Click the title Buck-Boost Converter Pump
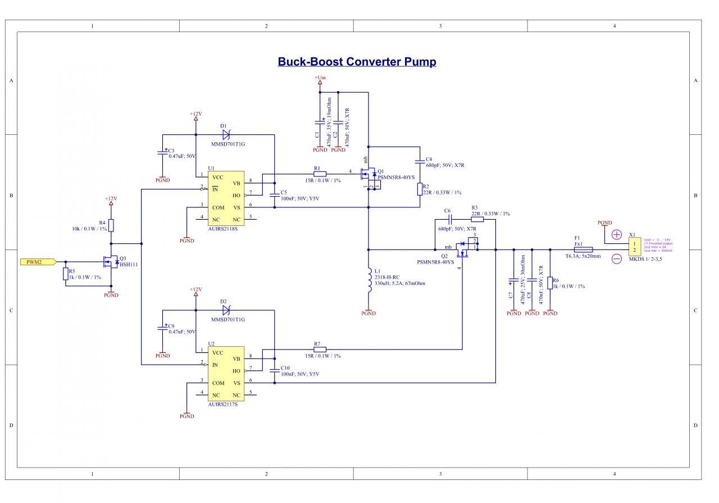pyautogui.click(x=357, y=62)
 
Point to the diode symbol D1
pyautogui.click(x=226, y=135)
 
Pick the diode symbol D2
pyautogui.click(x=226, y=310)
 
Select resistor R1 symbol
pyautogui.click(x=320, y=174)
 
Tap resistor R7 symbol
pyautogui.click(x=320, y=348)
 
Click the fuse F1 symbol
pyautogui.click(x=583, y=250)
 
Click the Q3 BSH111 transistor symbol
pyautogui.click(x=110, y=262)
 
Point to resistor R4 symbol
pyautogui.click(x=111, y=226)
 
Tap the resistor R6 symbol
pyautogui.click(x=550, y=283)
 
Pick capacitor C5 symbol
pyautogui.click(x=275, y=195)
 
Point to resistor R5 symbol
pyautogui.click(x=66, y=274)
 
